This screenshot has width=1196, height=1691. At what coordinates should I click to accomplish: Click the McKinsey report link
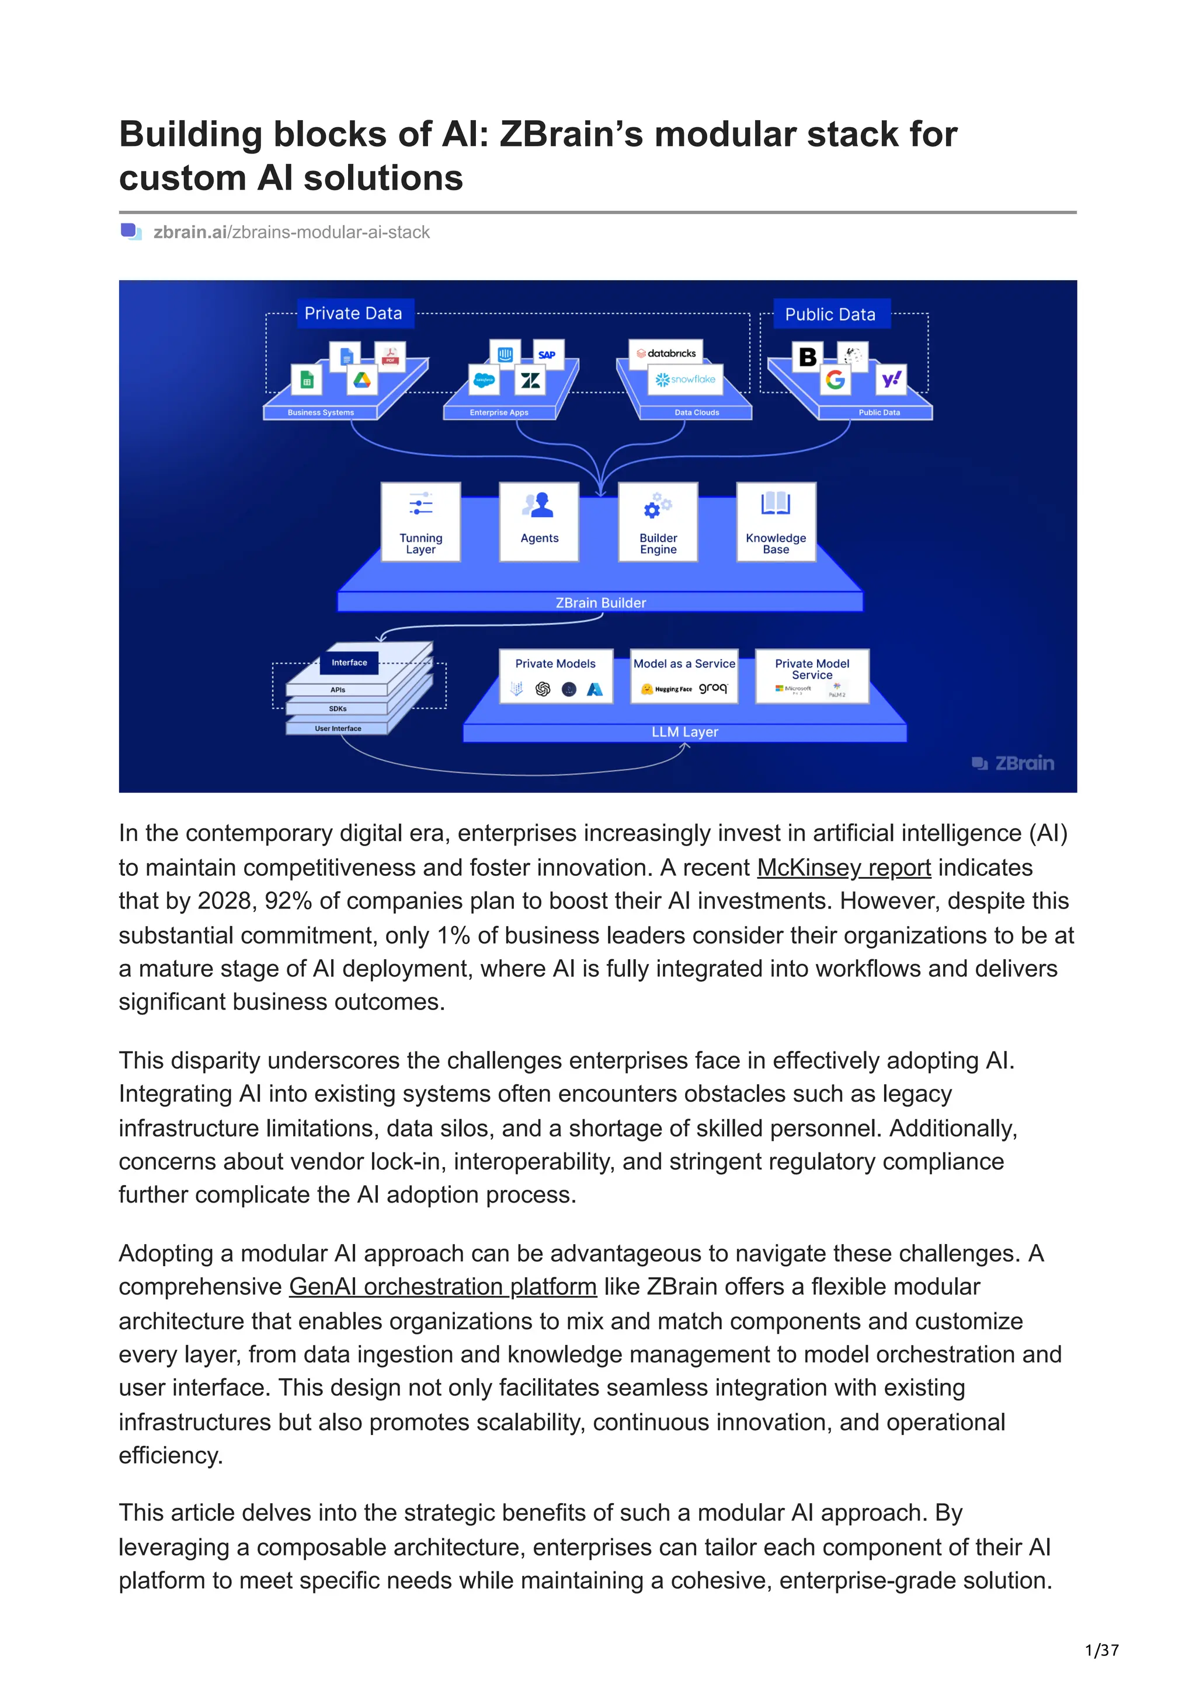tap(844, 868)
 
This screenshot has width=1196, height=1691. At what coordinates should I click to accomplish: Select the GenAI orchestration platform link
tap(442, 1286)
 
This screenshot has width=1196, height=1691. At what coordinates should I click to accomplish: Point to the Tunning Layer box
tap(421, 522)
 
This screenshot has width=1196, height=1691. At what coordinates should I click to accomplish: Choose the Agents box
tap(540, 522)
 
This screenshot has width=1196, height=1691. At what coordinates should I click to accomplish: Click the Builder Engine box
tap(658, 522)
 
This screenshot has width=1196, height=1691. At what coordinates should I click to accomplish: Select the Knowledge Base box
tap(776, 522)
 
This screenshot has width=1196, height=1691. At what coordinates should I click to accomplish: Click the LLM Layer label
tap(684, 732)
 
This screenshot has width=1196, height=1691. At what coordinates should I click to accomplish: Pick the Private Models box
tap(555, 676)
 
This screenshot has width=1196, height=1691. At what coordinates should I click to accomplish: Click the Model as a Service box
tap(684, 676)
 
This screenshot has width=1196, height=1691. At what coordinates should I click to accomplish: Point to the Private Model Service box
tap(812, 676)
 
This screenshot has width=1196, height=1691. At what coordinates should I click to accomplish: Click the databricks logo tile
tap(666, 354)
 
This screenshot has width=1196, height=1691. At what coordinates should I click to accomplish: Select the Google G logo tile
tap(835, 380)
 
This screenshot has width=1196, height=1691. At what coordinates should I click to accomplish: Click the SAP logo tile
tap(547, 354)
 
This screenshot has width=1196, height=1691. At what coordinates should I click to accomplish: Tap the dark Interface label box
tap(349, 663)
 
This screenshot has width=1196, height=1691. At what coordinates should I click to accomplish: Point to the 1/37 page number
tap(1101, 1651)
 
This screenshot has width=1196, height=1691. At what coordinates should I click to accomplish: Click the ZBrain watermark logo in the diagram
tap(1013, 763)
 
